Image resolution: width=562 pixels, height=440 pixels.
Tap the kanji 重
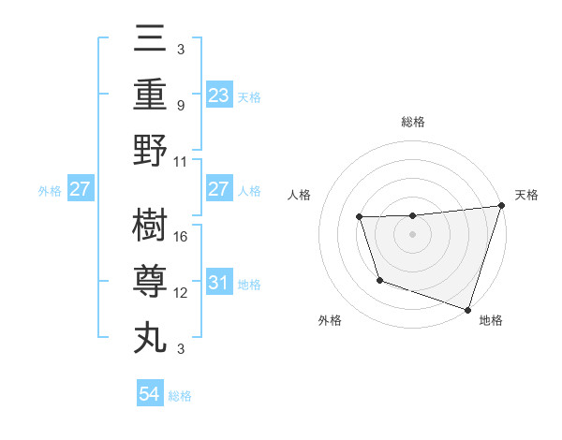point(150,95)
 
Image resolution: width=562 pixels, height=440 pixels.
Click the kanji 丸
point(150,335)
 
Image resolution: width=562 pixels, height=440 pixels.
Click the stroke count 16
point(182,236)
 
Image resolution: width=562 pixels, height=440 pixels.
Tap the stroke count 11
point(182,161)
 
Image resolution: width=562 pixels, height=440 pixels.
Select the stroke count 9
point(182,106)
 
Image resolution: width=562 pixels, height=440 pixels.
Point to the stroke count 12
point(182,292)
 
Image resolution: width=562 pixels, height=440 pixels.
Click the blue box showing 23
point(218,95)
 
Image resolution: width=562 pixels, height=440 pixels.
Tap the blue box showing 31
point(218,283)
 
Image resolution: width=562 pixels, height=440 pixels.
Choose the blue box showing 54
point(150,394)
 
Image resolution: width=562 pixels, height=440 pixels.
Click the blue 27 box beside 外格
point(81,189)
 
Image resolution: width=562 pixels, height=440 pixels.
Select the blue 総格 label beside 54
point(180,396)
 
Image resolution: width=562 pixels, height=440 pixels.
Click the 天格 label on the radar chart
point(526,195)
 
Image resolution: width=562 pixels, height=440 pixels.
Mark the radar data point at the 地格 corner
point(467,309)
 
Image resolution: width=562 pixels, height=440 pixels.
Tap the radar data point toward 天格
point(501,206)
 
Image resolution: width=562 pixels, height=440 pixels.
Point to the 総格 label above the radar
point(413,122)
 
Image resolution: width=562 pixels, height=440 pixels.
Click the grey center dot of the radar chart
point(413,234)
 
